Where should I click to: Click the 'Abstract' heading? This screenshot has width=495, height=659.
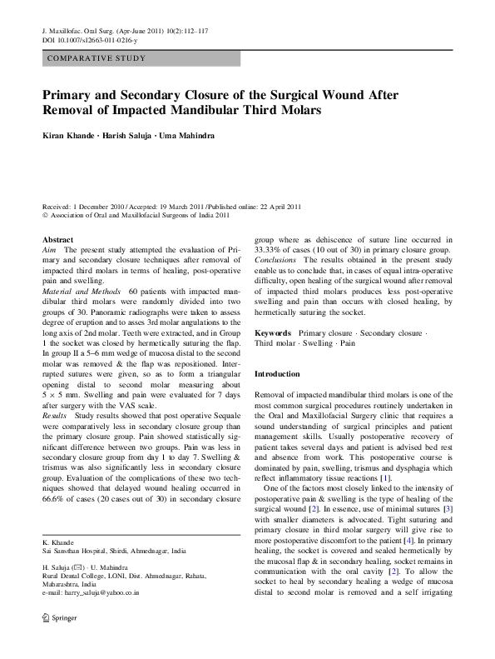click(x=57, y=239)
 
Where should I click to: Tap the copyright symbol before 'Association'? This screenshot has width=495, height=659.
click(x=44, y=214)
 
